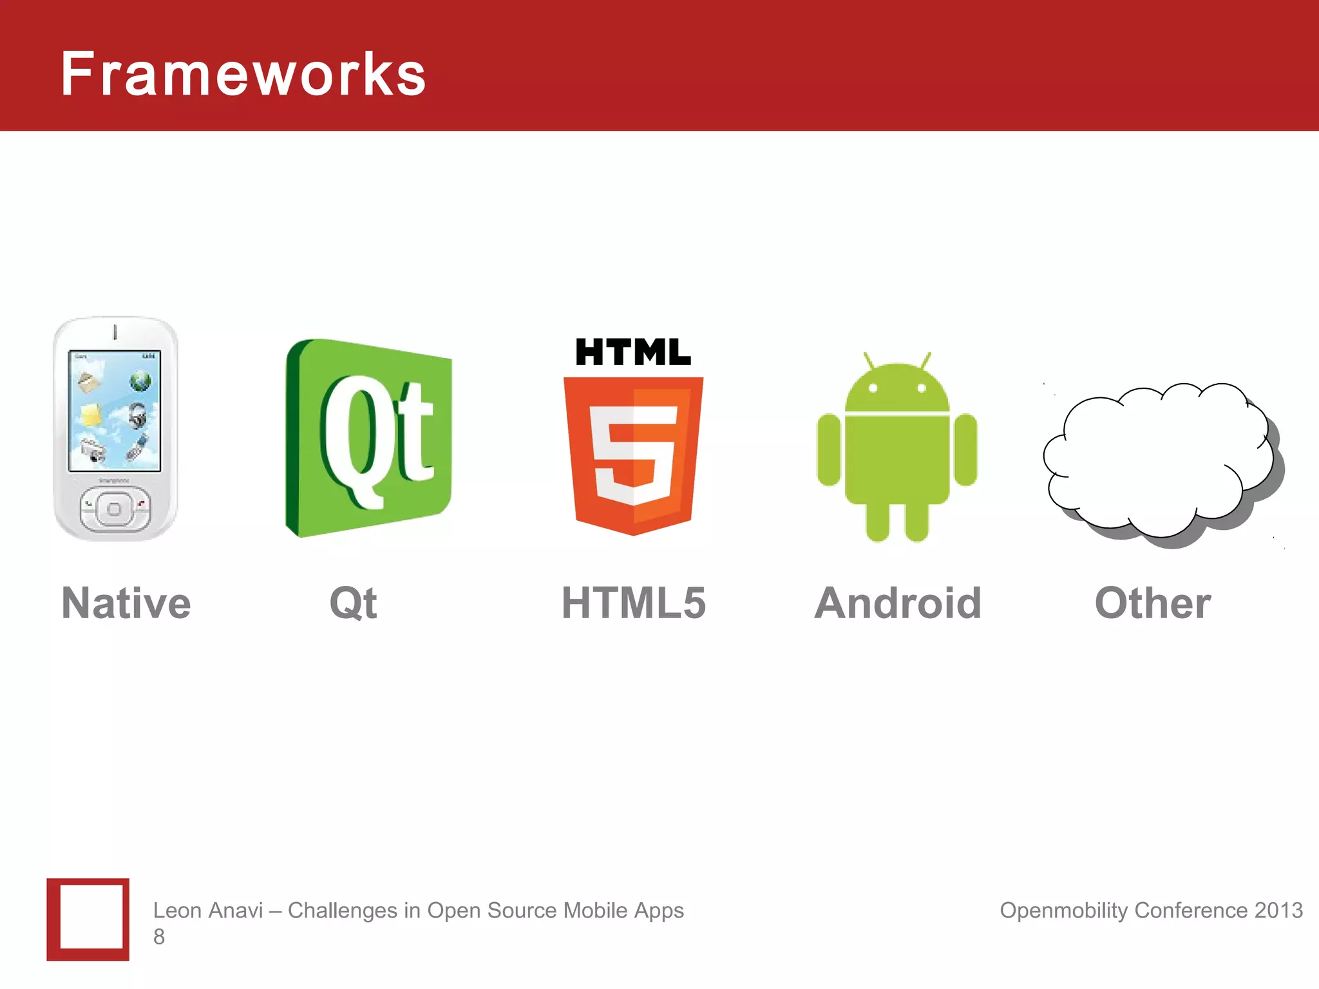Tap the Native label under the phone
click(126, 603)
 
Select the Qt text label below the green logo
click(353, 603)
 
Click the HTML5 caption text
click(634, 603)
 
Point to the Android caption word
click(898, 603)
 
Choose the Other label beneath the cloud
click(1153, 603)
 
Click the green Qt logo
click(369, 438)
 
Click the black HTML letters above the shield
click(633, 352)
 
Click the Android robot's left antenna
click(869, 361)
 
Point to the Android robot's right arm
click(965, 449)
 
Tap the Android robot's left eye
click(873, 388)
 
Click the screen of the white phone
click(115, 411)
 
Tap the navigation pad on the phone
click(114, 509)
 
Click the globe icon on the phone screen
click(140, 381)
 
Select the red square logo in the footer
click(88, 919)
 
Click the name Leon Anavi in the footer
click(208, 910)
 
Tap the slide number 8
click(159, 937)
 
